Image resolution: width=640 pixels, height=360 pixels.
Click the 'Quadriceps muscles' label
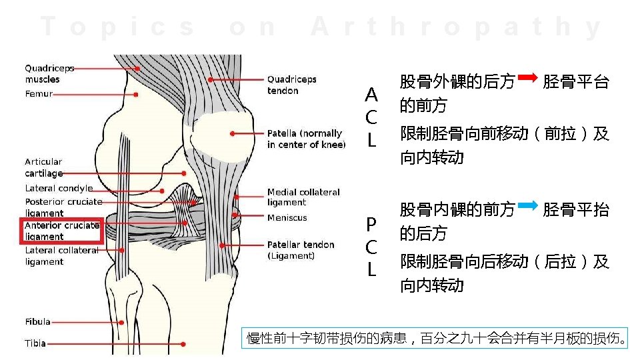[x=49, y=73]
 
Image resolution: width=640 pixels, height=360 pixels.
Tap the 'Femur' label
[x=39, y=94]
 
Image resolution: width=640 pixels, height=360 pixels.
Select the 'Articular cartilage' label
[x=43, y=167]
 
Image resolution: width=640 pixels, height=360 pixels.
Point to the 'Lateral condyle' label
[x=59, y=189]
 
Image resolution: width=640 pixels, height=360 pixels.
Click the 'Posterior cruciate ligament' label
[x=63, y=207]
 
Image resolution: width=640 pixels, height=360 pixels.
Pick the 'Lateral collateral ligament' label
[x=61, y=256]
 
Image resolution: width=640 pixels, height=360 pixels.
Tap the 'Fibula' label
[x=38, y=321]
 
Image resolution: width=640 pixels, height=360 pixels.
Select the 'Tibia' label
[x=35, y=343]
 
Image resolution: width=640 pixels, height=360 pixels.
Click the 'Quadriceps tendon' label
[x=291, y=85]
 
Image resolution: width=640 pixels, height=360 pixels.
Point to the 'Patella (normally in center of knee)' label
[x=306, y=139]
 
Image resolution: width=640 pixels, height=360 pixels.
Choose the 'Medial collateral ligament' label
[x=303, y=197]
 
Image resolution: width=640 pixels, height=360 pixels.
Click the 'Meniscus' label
[x=287, y=218]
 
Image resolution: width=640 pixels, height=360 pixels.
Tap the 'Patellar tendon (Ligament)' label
[x=301, y=250]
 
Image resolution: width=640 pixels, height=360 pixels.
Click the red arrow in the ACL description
[x=527, y=79]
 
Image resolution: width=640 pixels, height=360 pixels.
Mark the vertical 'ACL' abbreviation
[x=371, y=117]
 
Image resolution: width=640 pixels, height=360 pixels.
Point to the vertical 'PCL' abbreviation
[x=371, y=246]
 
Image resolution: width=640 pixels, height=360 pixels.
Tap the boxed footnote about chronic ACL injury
[x=437, y=339]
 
